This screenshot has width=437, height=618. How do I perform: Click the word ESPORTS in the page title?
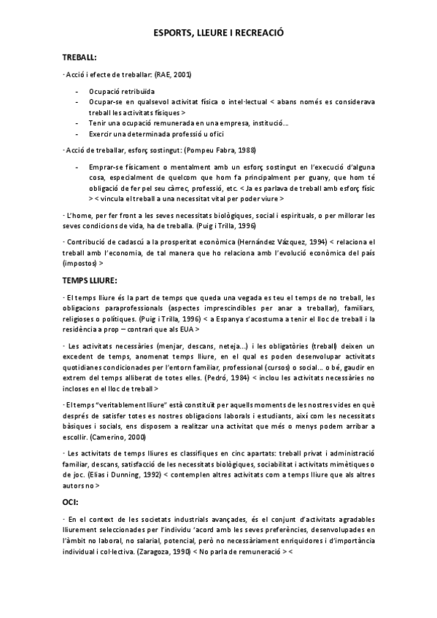(x=174, y=34)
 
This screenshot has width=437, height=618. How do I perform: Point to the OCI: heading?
(x=71, y=502)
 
